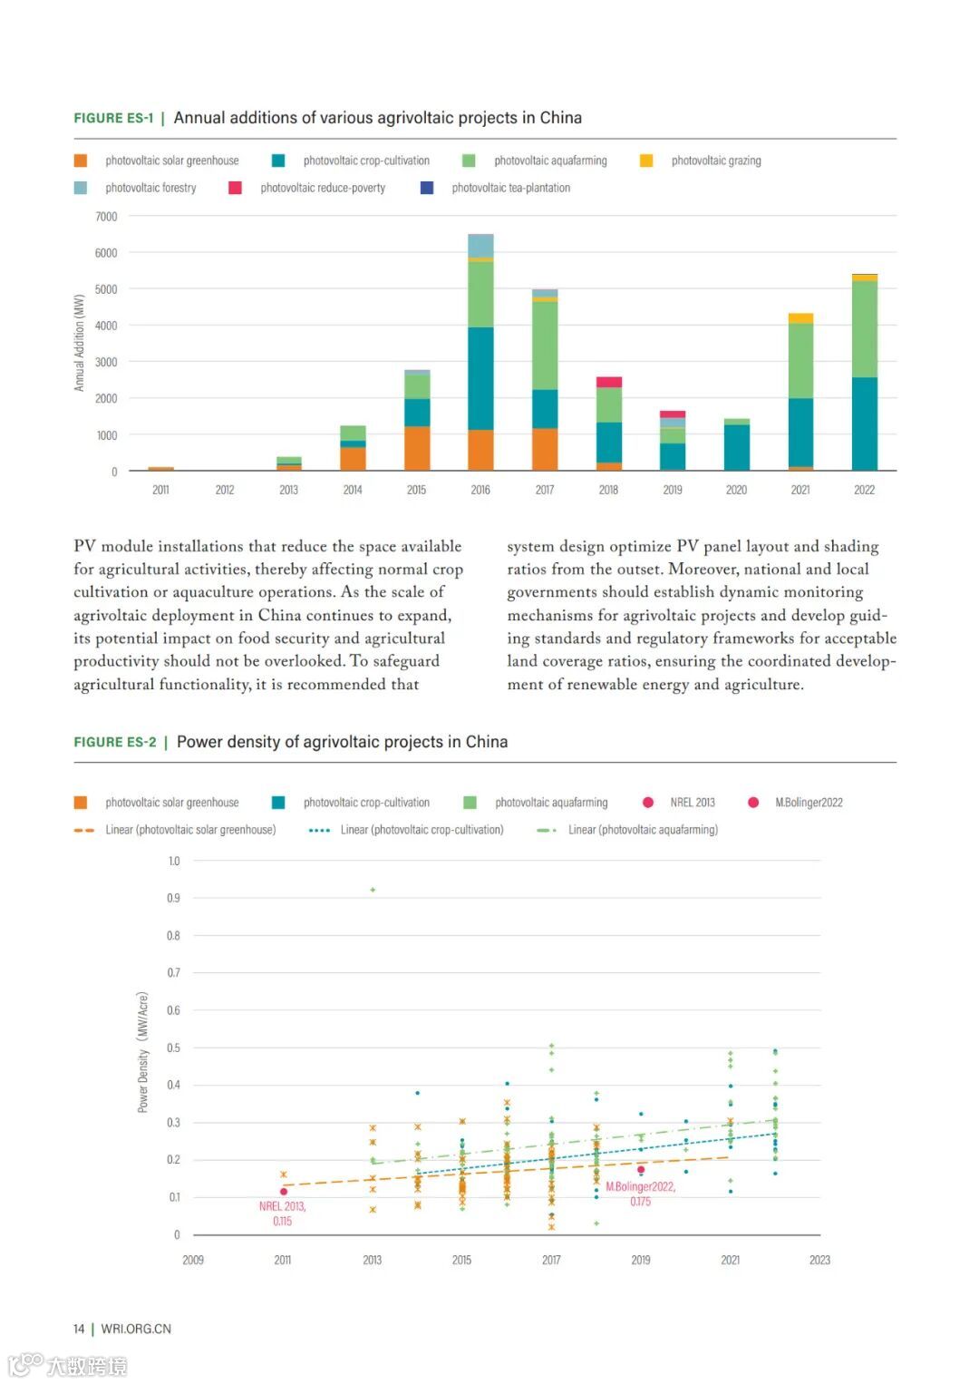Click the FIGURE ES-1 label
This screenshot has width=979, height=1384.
click(113, 118)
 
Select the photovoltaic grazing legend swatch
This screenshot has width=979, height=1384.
click(646, 161)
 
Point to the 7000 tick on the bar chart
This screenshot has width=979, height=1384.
click(106, 217)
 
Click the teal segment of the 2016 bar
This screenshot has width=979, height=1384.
click(480, 378)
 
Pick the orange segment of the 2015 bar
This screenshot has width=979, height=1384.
click(417, 448)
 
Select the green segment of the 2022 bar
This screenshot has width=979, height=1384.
click(865, 328)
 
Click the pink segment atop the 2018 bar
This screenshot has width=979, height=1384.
click(609, 382)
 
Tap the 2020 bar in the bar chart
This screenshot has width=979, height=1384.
click(737, 445)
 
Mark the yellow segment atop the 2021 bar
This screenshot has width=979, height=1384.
click(800, 318)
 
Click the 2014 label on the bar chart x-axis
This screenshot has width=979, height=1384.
click(353, 490)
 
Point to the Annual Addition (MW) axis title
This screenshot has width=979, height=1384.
click(79, 343)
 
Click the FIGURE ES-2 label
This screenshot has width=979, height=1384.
click(115, 742)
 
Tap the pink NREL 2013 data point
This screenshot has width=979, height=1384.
click(284, 1192)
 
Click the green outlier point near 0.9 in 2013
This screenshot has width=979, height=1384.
click(373, 890)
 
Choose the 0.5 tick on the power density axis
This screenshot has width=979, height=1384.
click(173, 1048)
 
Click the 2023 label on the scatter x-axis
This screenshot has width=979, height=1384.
click(819, 1260)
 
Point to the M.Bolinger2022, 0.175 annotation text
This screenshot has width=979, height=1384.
click(640, 1194)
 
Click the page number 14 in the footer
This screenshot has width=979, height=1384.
click(79, 1329)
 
